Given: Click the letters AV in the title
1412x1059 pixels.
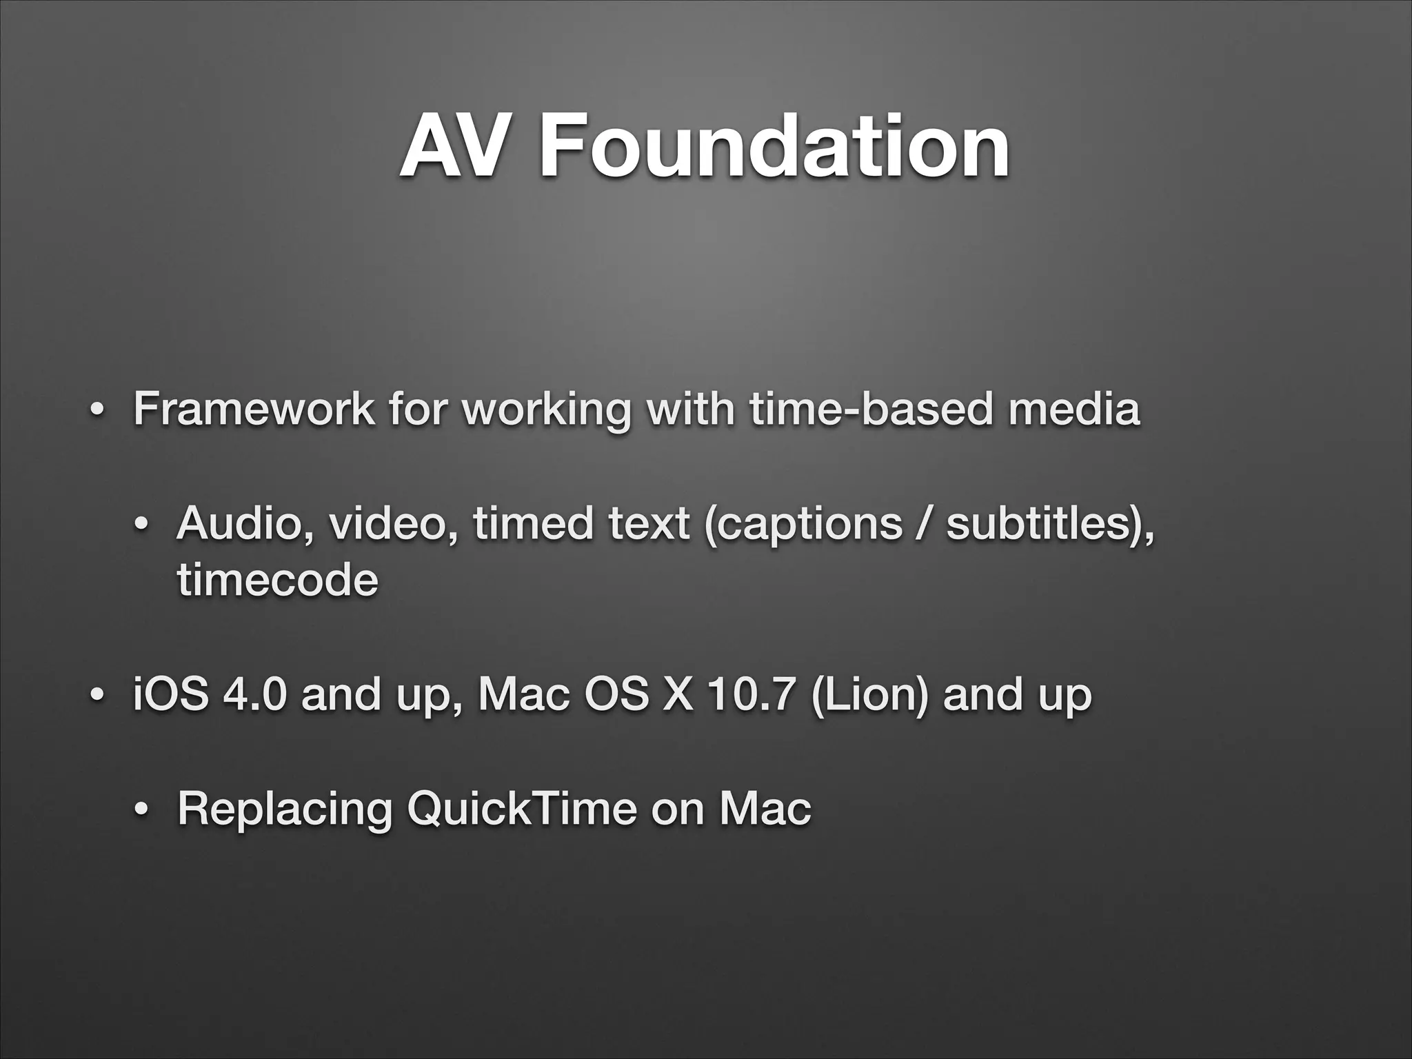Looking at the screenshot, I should click(x=447, y=147).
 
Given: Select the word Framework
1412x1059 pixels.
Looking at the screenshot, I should click(x=254, y=408).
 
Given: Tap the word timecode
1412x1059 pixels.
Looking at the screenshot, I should click(x=278, y=581).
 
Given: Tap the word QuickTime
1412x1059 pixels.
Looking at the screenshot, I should click(x=521, y=809).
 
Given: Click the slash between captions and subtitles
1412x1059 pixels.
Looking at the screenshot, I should click(x=925, y=525).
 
